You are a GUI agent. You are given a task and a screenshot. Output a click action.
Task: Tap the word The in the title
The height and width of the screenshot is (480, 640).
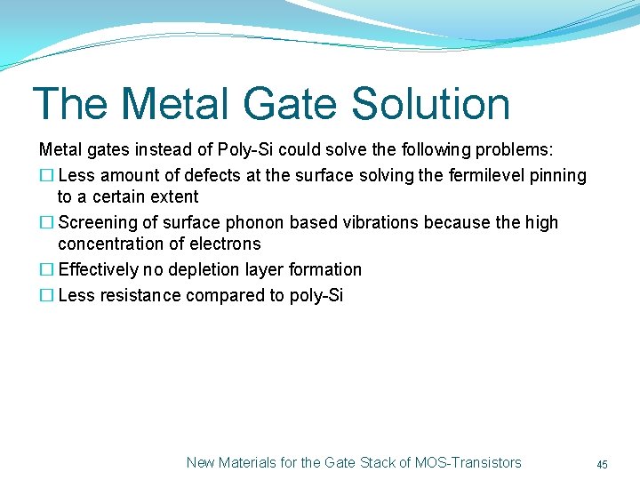71,104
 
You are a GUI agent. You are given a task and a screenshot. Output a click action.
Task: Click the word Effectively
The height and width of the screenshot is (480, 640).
99,269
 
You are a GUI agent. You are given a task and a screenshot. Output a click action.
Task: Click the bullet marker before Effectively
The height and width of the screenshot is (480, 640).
46,269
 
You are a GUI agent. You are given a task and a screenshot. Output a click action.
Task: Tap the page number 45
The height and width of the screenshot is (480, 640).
602,464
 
